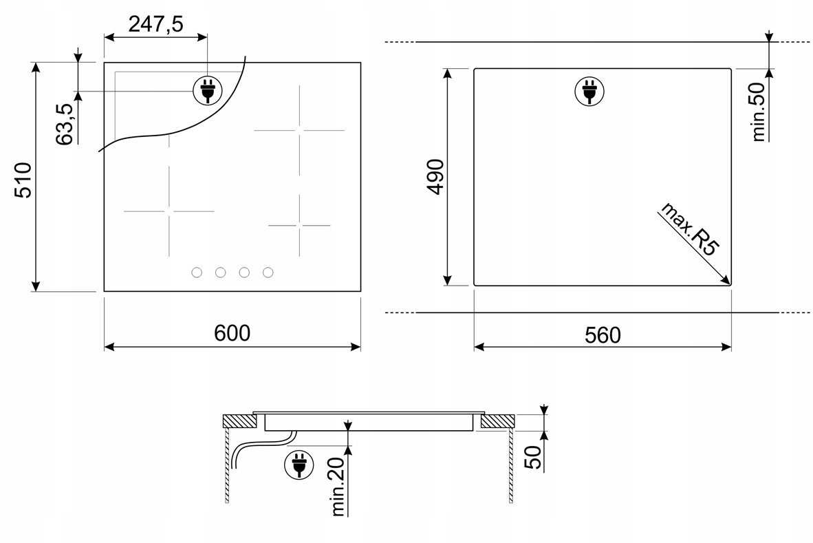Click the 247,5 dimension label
(x=155, y=24)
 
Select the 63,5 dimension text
(x=64, y=124)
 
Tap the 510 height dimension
(x=23, y=180)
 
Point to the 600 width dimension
(x=232, y=333)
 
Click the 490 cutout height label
(x=435, y=177)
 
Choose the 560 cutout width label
(x=603, y=335)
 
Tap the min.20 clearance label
(x=338, y=487)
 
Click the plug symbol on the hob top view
(x=208, y=90)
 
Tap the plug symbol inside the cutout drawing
(x=589, y=92)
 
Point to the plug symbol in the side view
(x=299, y=464)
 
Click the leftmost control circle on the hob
(x=197, y=273)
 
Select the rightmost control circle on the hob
(x=268, y=273)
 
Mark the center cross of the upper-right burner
(x=299, y=130)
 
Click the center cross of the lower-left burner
(x=169, y=211)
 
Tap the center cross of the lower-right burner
(x=299, y=226)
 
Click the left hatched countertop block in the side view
(x=240, y=421)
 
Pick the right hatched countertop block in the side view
(x=498, y=421)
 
